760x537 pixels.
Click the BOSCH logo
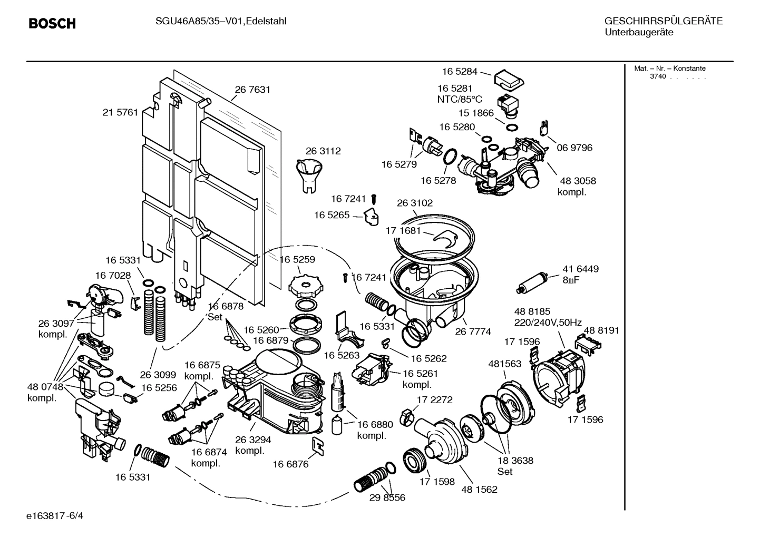[x=52, y=24]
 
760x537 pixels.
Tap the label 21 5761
[x=120, y=112]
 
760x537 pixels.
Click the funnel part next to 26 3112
[x=308, y=175]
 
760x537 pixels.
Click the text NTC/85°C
[x=459, y=100]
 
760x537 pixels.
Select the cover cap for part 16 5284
[x=509, y=79]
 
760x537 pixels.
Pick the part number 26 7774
[x=473, y=331]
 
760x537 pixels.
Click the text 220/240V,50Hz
[x=548, y=322]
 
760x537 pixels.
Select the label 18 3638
[x=515, y=460]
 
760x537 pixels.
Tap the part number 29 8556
[x=387, y=497]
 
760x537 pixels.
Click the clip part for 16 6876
[x=319, y=446]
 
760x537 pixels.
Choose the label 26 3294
[x=253, y=440]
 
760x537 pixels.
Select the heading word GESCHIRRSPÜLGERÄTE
[x=663, y=22]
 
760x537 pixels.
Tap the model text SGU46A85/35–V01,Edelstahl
[x=213, y=22]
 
